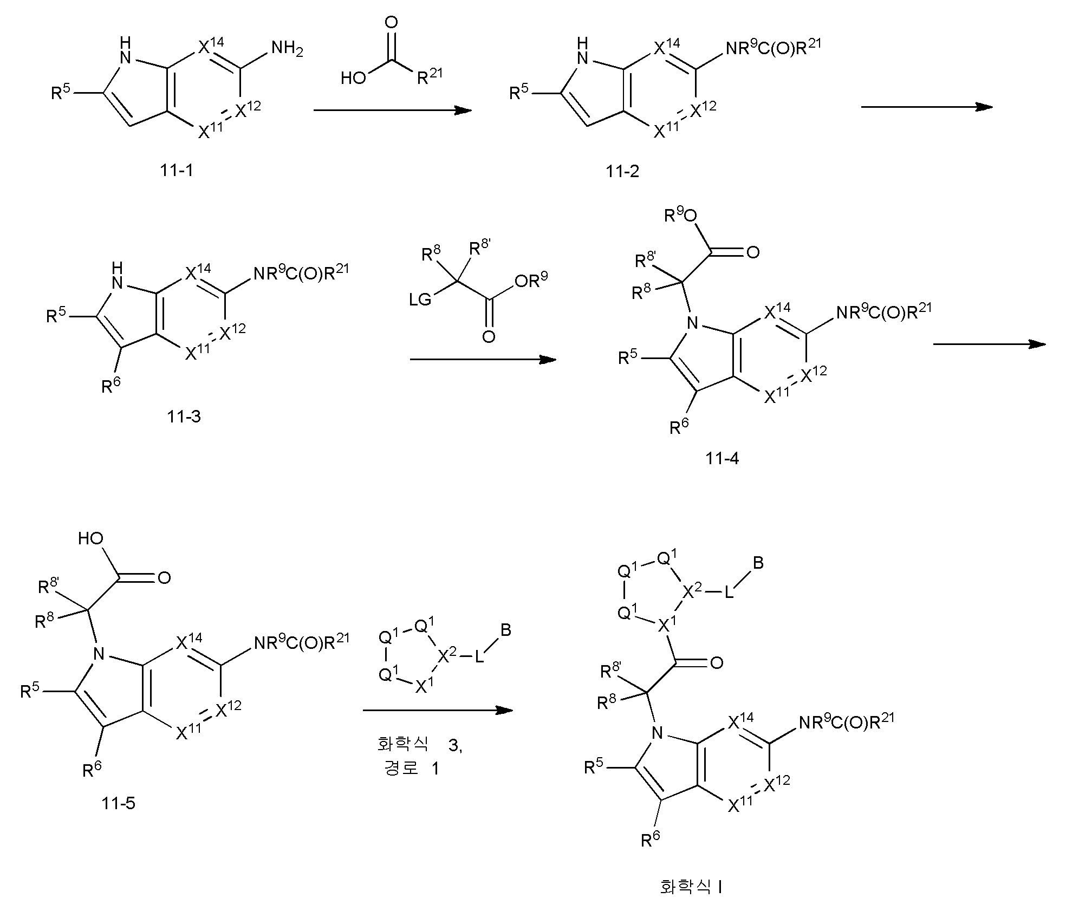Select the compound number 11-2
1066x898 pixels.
coord(622,171)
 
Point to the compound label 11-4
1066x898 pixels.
coord(722,459)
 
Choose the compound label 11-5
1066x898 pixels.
coord(118,803)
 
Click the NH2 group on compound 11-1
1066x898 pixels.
coord(287,49)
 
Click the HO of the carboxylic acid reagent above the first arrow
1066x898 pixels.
coord(353,79)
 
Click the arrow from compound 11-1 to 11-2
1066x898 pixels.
coord(393,110)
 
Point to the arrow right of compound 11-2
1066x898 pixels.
coord(927,107)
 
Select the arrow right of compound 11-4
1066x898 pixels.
coord(989,344)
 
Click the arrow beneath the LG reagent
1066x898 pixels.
coord(483,359)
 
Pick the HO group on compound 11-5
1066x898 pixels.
coord(91,538)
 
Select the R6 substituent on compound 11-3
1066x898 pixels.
coord(111,386)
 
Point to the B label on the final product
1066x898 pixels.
coord(758,563)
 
